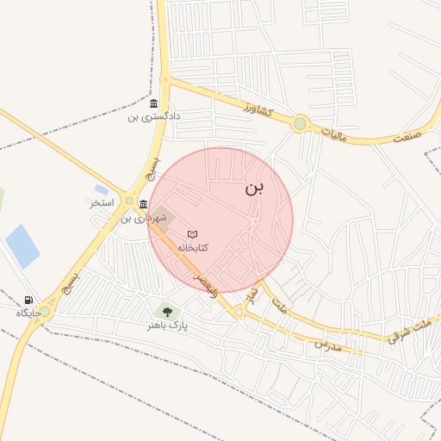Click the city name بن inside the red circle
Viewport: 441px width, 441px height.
pyautogui.click(x=257, y=187)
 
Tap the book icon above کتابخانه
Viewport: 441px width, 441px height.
pyautogui.click(x=193, y=233)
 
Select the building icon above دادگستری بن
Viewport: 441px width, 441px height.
pyautogui.click(x=153, y=104)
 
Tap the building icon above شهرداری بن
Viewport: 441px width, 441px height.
pyautogui.click(x=142, y=205)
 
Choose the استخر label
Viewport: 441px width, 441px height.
pyautogui.click(x=102, y=204)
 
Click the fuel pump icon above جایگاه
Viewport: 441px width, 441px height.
pyautogui.click(x=29, y=301)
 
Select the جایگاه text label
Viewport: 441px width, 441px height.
pyautogui.click(x=29, y=314)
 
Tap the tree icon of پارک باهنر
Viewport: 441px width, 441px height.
pyautogui.click(x=167, y=312)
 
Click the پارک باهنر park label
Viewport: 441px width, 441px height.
pyautogui.click(x=167, y=326)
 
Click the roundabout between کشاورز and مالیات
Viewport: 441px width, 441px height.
pyautogui.click(x=300, y=123)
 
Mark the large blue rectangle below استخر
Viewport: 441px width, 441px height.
pyautogui.click(x=23, y=245)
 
